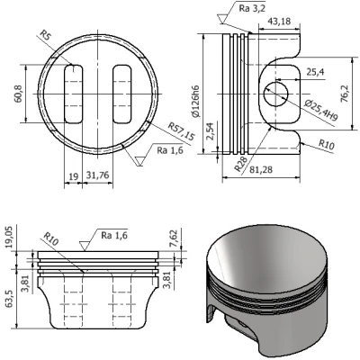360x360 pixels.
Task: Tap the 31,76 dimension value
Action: coord(105,175)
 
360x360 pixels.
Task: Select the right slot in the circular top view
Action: coord(120,92)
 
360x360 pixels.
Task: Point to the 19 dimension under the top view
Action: coord(74,175)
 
